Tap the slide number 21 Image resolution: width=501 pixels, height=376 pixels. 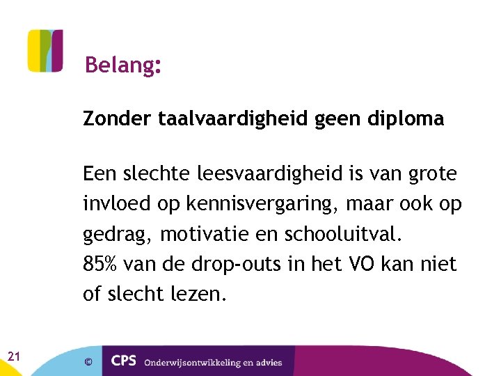pyautogui.click(x=13, y=357)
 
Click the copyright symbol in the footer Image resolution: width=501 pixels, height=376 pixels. pyautogui.click(x=88, y=361)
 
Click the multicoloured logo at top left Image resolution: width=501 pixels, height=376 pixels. pyautogui.click(x=45, y=51)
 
